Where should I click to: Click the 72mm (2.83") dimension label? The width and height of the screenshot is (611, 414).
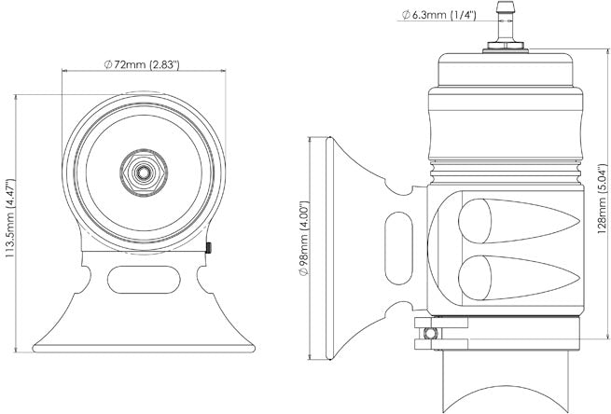pos(146,64)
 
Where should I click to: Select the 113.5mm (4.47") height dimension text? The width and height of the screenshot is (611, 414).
pos(9,218)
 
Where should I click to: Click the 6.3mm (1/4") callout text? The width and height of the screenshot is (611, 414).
pos(443,15)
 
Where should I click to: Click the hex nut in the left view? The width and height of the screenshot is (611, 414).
pos(144,172)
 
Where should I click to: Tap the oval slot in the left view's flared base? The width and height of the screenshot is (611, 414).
pos(144,280)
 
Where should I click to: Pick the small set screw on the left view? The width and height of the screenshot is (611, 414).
pos(208,248)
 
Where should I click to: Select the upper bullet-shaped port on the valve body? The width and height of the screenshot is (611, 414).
pos(519,221)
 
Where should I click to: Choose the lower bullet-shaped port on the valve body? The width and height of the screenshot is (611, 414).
pos(519,278)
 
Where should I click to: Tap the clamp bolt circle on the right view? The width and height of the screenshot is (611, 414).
pos(430,334)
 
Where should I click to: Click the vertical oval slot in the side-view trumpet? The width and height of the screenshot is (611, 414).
pos(398,248)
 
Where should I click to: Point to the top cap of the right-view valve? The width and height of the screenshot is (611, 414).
pos(506,69)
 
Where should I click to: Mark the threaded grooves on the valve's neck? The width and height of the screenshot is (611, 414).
pos(506,172)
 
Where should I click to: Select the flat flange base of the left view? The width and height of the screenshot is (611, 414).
pos(144,348)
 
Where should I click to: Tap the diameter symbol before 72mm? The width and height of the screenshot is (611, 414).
pos(108,64)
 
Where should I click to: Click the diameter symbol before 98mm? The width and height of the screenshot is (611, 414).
pos(304,272)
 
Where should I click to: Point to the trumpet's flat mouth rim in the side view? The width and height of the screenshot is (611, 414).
pos(329,248)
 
